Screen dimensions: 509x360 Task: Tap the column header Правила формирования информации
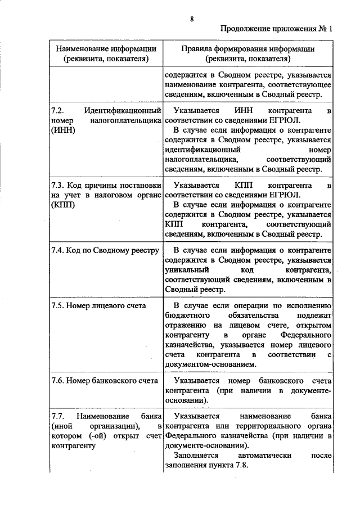click(247, 48)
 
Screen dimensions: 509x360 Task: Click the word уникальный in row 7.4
click(188, 270)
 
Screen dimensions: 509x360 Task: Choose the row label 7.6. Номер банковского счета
click(104, 380)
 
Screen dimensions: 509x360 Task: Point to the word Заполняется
click(195, 456)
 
